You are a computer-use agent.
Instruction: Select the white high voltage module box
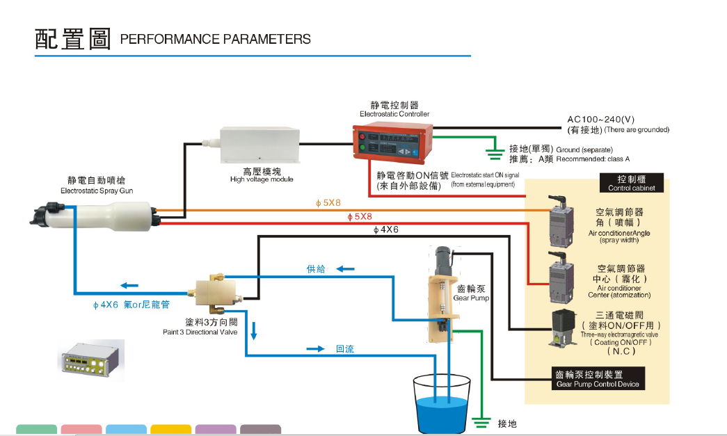260,145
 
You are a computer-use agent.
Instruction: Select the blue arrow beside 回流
316,348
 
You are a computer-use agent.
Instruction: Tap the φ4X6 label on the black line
386,229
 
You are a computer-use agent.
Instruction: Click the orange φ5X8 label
328,203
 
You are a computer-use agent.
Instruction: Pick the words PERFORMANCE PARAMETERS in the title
216,40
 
